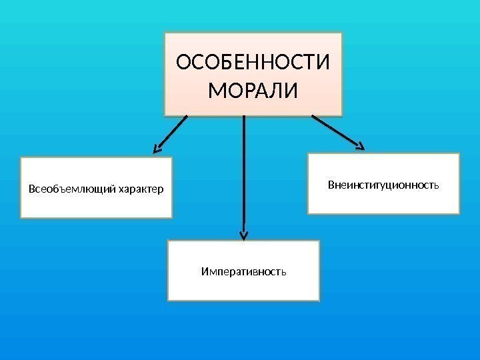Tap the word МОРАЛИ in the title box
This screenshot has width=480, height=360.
pyautogui.click(x=253, y=89)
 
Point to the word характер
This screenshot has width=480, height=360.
pyautogui.click(x=140, y=189)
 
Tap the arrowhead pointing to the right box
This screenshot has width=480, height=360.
pyautogui.click(x=360, y=145)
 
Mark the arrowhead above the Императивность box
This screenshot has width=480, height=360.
pyautogui.click(x=244, y=234)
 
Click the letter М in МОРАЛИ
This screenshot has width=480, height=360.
pyautogui.click(x=216, y=89)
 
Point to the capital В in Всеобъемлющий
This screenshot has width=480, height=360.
pyautogui.click(x=31, y=189)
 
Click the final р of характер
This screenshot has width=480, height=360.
pyautogui.click(x=161, y=190)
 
